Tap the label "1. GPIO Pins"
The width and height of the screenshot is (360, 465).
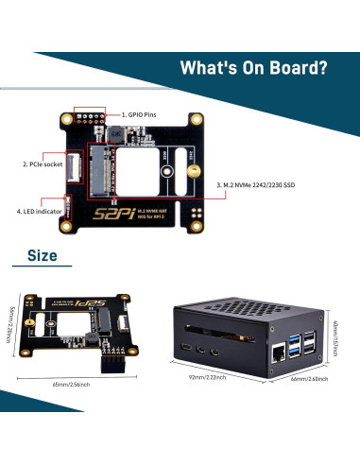pos(143,114)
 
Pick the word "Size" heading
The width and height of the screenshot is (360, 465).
pos(43,255)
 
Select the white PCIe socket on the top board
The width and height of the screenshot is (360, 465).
pos(72,164)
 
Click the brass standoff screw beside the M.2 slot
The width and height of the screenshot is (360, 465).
pos(189,172)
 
